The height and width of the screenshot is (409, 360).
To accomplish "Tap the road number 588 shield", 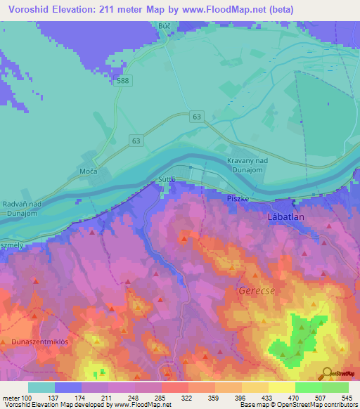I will click(x=124, y=81).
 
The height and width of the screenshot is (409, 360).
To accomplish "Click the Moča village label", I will click(x=87, y=171).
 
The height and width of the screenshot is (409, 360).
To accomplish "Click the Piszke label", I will click(x=234, y=199).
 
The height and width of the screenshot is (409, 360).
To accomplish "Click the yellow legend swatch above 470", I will click(x=281, y=387).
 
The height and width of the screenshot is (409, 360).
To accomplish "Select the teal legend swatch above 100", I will click(x=41, y=387).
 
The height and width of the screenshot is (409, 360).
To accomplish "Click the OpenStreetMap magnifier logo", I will click(x=326, y=373).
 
